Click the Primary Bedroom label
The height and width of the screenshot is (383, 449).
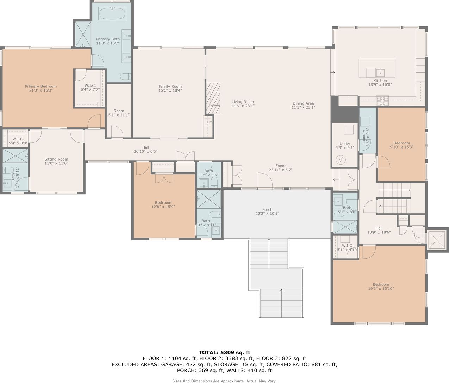tap(41, 88)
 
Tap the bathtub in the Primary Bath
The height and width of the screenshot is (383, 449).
tap(112, 13)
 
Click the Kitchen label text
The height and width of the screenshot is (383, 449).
tap(380, 81)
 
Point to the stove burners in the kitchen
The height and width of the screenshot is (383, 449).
tap(382, 101)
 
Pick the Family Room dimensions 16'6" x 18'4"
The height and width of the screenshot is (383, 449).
tap(170, 90)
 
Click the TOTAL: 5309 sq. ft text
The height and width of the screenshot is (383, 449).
tap(224, 352)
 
